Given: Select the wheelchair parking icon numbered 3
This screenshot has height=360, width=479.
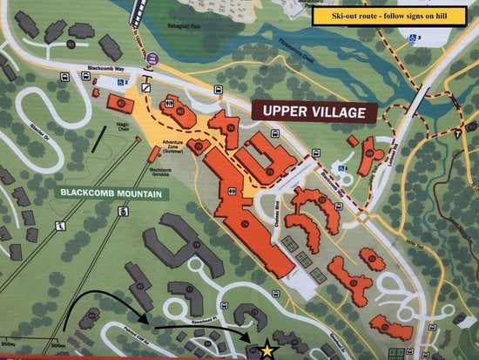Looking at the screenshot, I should click(413, 37).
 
